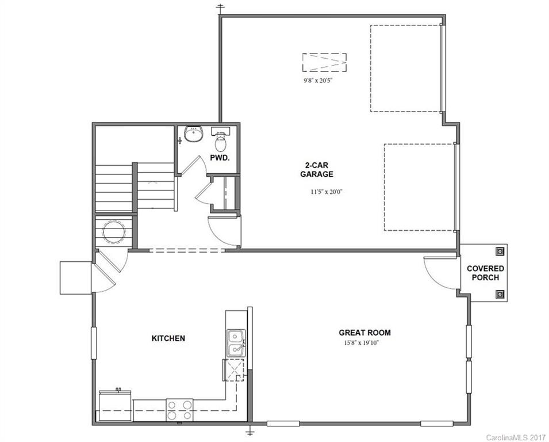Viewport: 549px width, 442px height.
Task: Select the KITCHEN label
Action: [168, 338]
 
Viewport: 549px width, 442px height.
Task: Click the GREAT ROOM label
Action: [364, 332]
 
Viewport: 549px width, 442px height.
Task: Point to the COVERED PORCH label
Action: [485, 273]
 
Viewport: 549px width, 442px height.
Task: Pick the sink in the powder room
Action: [194, 135]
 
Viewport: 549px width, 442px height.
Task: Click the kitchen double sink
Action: [235, 343]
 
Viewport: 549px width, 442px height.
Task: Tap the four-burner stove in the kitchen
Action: [179, 410]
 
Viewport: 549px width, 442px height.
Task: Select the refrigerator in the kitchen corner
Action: [116, 406]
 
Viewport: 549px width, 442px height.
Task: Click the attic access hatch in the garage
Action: [325, 61]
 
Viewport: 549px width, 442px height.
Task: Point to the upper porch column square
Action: [500, 250]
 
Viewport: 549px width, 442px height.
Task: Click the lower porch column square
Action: [500, 295]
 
